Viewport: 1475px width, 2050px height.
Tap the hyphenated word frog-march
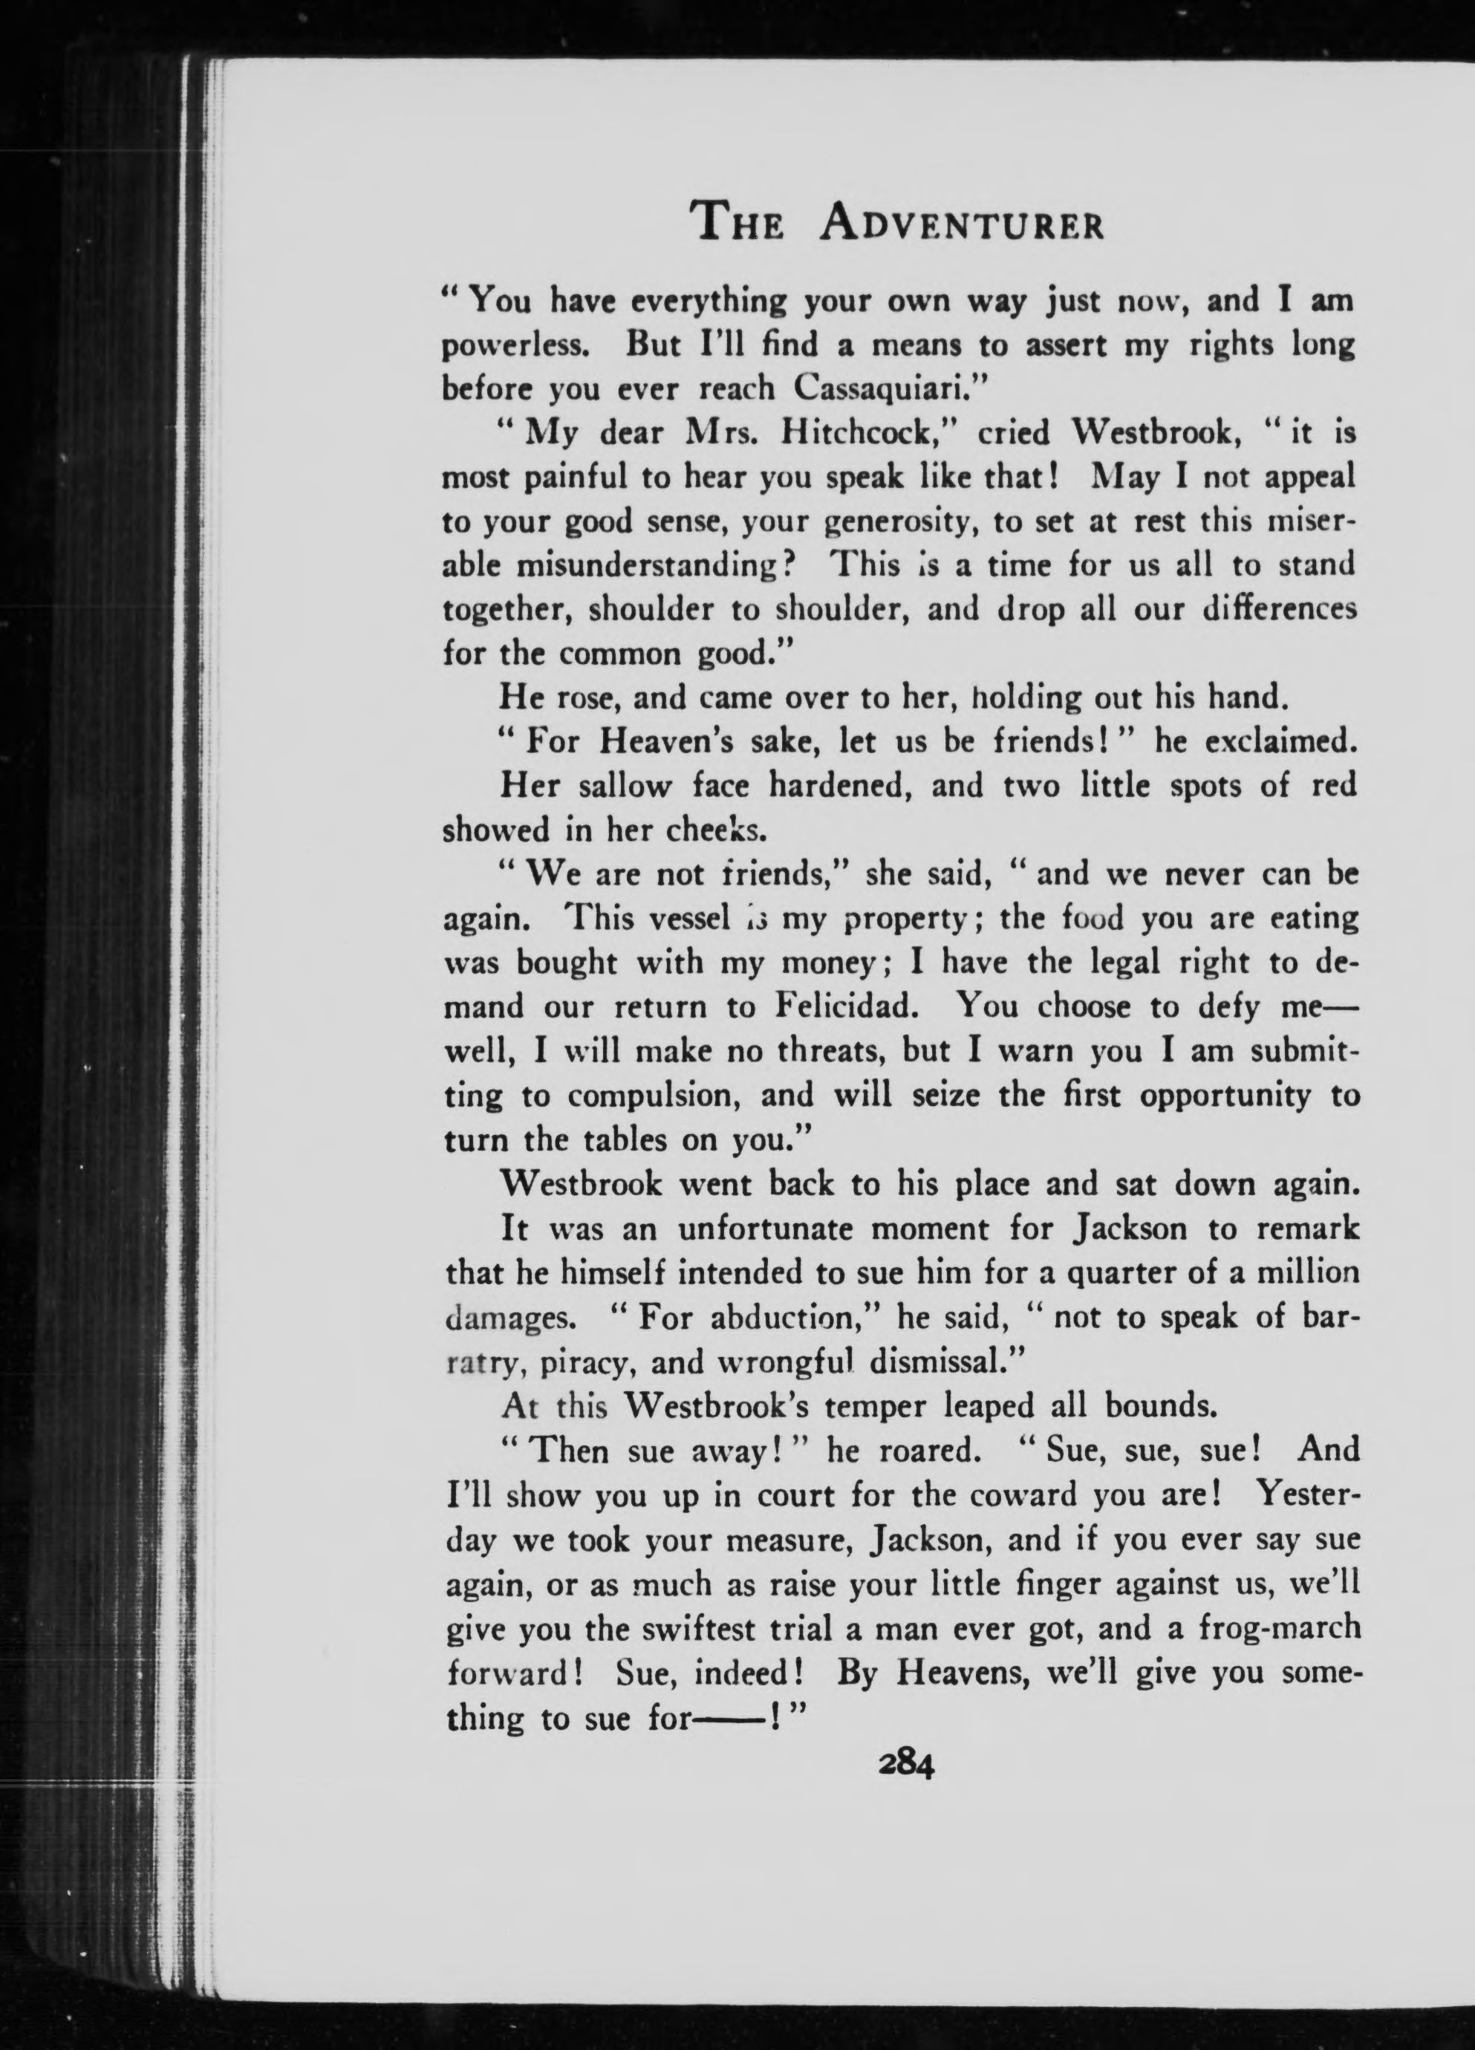coord(1278,1627)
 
